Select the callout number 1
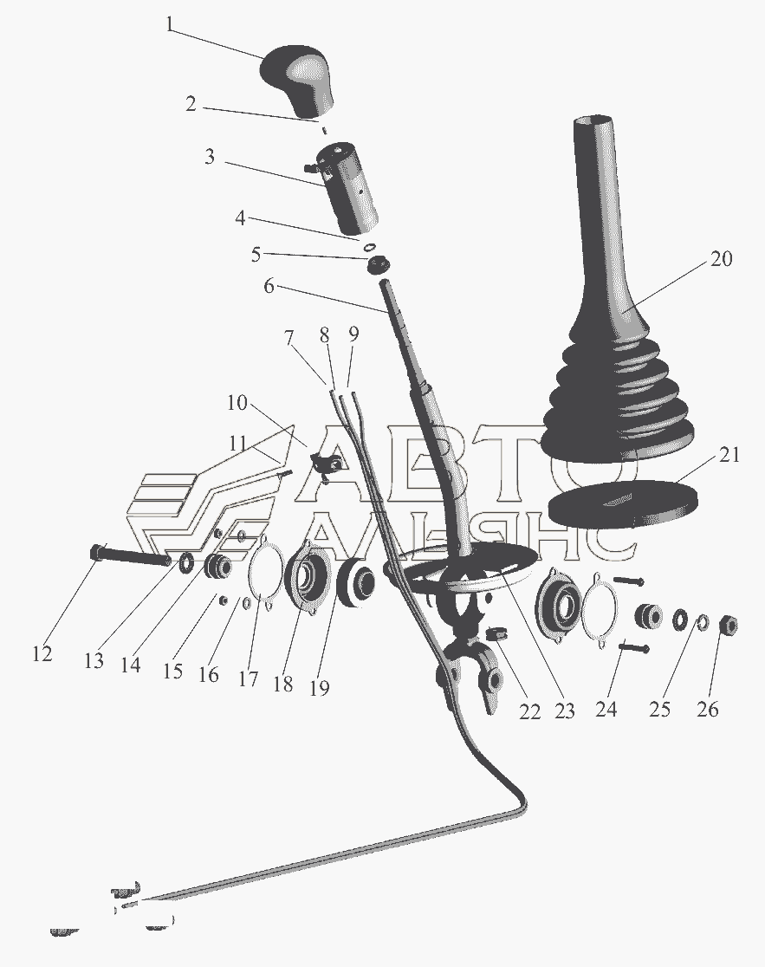point(170,26)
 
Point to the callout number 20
point(721,258)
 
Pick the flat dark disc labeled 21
point(623,502)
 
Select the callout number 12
point(42,654)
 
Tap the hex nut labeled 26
point(728,626)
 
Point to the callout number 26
point(708,709)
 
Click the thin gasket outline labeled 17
point(265,574)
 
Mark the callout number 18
point(283,684)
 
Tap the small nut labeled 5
point(376,266)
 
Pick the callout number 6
point(269,287)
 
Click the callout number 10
point(237,403)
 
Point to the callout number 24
point(606,709)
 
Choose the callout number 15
point(173,671)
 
